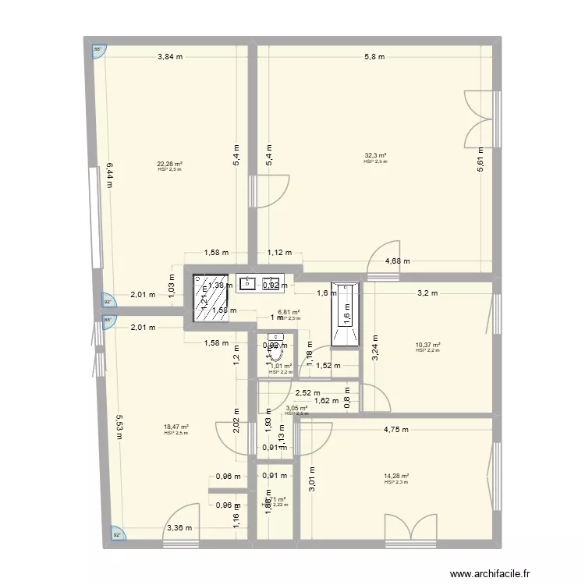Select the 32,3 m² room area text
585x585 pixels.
tap(375, 155)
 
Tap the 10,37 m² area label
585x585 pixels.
tap(428, 346)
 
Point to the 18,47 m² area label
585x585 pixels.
tap(175, 427)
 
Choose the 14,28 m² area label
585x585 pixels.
tap(396, 477)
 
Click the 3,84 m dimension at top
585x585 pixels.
tap(170, 56)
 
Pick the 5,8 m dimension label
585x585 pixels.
tap(374, 56)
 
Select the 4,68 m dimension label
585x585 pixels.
tap(398, 262)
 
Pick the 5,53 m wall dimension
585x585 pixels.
tap(119, 425)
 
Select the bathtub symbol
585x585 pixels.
tap(345, 314)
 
